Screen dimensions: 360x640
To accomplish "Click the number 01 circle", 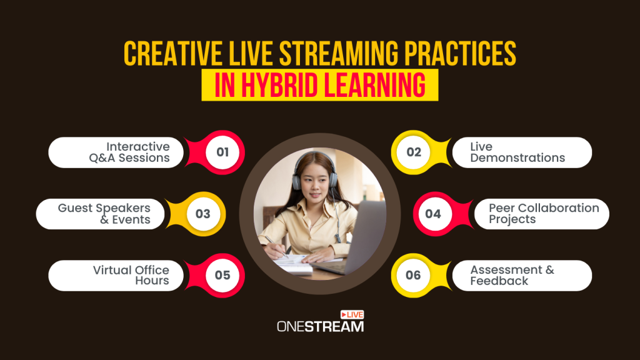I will tap(222, 152).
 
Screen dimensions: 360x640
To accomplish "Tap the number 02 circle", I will tap(414, 152).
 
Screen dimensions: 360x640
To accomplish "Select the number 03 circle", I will tap(203, 214).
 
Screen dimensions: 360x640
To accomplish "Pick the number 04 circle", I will tap(433, 214).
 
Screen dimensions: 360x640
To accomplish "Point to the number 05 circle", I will tap(222, 276).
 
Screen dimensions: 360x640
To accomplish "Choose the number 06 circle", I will tap(414, 276).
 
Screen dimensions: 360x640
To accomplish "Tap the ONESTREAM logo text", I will tap(319, 326).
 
